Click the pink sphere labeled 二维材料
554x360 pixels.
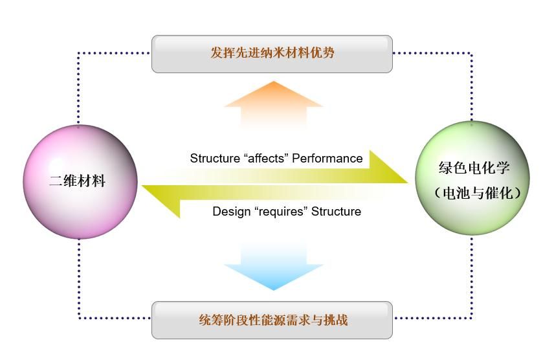80,181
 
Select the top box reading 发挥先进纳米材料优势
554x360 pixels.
272,54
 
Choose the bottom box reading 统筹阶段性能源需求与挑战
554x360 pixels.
272,320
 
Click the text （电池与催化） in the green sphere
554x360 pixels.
477,192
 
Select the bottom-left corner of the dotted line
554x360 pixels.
79,318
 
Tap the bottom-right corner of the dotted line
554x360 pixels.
471,318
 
